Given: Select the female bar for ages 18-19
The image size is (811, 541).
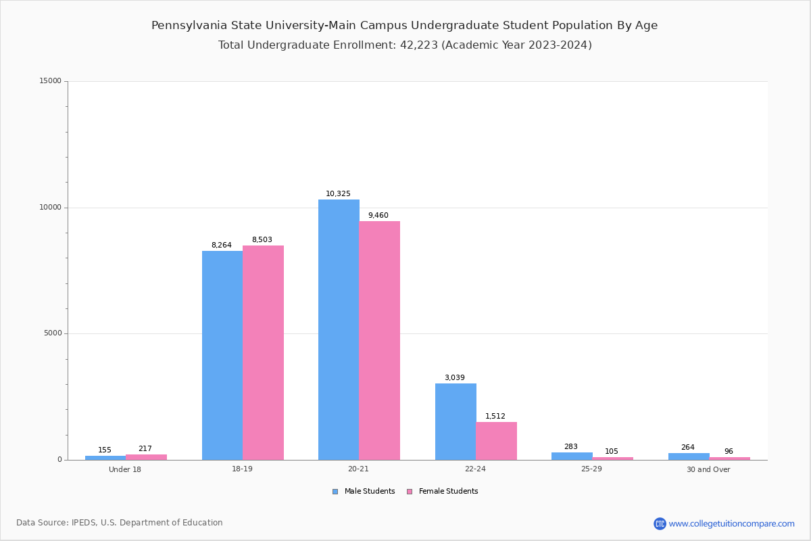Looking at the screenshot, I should pos(263,352).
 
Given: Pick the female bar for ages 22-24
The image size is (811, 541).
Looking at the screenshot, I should pos(496,441).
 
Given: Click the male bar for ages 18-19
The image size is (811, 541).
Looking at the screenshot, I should pos(222,355).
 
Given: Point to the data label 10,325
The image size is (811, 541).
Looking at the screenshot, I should pos(338,194).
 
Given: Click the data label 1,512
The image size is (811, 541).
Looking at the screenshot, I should pos(495,417).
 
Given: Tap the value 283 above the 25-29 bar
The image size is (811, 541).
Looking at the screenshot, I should pos(571,447).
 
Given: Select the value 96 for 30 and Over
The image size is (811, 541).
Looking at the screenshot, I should pos(729,452).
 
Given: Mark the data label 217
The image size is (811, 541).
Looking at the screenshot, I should pos(145,449).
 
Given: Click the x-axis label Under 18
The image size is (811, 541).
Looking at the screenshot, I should pos(125,469).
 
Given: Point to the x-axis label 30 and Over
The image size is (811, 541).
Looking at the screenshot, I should pos(708,469).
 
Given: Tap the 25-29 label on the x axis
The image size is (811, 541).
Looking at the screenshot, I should pos(591,469).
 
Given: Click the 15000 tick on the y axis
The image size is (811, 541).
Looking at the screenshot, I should pos(50,81).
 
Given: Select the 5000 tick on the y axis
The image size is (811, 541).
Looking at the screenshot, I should pos(52,333).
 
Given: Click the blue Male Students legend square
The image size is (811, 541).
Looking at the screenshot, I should pos(335,492).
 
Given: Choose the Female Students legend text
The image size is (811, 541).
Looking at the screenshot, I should pos(448,492).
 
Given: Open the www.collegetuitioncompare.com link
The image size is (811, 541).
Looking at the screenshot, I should pos(731,523).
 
